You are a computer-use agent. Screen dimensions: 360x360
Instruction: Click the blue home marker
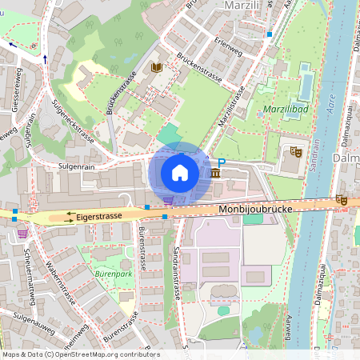click(x=180, y=173)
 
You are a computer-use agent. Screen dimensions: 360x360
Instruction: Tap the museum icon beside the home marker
click(x=216, y=173)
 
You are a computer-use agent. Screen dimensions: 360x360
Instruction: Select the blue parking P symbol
click(x=223, y=163)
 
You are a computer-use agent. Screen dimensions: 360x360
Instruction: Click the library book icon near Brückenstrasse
click(x=156, y=69)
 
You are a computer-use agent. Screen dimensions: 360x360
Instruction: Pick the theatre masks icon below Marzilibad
click(x=295, y=150)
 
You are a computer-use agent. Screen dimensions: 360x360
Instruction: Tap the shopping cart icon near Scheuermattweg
click(x=22, y=233)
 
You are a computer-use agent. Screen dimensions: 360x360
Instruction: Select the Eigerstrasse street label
click(x=100, y=216)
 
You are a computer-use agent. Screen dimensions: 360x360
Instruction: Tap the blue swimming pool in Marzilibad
click(x=306, y=82)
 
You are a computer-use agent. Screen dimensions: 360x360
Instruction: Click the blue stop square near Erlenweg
click(x=270, y=34)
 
